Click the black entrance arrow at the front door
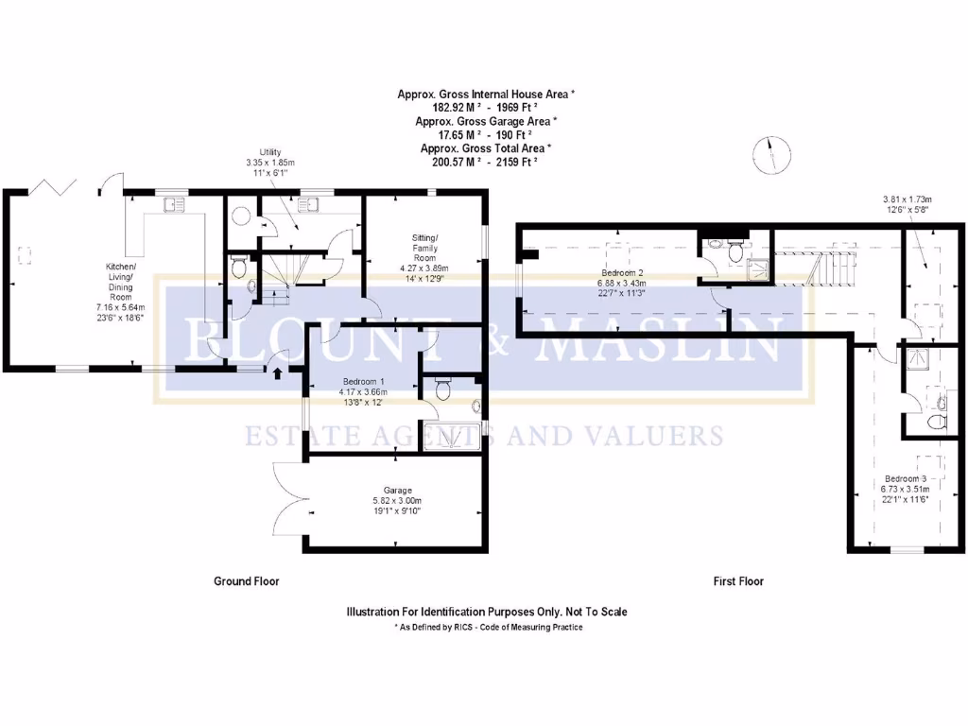[x=277, y=372]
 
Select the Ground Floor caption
[x=246, y=581]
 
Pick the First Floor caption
[x=738, y=581]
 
